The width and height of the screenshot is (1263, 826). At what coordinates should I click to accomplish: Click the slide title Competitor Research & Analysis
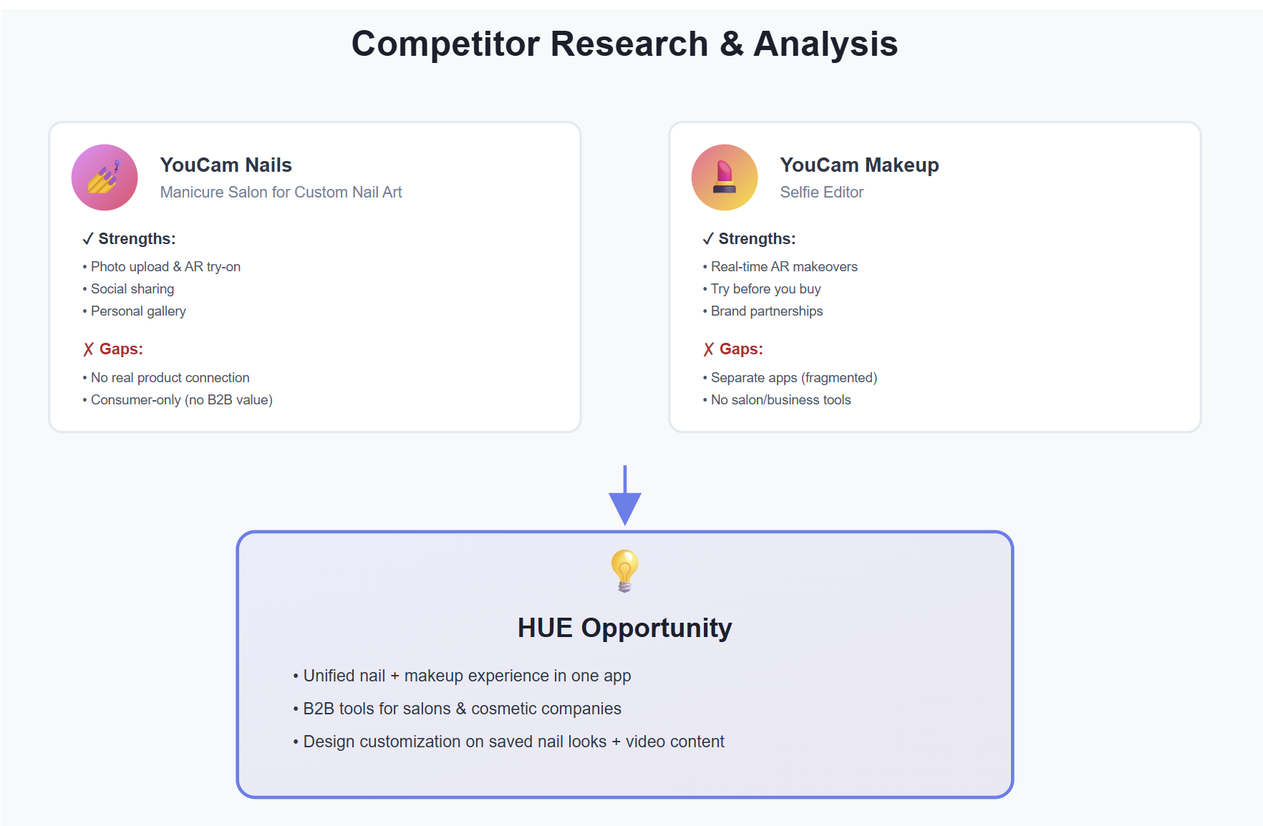coord(624,44)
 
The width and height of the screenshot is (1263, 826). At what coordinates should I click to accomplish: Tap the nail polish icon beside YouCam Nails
coord(105,178)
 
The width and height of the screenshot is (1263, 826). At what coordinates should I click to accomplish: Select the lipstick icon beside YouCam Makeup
coord(725,178)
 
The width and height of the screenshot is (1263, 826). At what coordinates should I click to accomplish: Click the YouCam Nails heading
coord(226,165)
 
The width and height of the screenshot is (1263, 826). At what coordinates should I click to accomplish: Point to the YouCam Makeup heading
coord(859,165)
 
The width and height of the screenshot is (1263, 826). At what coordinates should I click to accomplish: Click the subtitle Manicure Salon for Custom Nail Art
coord(281,192)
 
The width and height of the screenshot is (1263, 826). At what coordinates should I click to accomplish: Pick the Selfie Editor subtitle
coord(822,192)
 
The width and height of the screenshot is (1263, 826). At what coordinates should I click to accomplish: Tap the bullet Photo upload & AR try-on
coord(162,266)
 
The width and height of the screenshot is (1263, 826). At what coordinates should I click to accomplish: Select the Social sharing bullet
coord(129,288)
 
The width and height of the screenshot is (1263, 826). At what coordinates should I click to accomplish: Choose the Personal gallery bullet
coord(135,311)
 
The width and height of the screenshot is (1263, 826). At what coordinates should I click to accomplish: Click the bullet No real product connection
coord(166,377)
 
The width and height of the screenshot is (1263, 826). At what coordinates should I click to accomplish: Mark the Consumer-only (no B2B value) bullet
coord(178,399)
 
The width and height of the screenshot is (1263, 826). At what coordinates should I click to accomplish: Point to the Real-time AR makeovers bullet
coord(780,266)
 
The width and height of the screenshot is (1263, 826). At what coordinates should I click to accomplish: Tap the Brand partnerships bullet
coord(763,311)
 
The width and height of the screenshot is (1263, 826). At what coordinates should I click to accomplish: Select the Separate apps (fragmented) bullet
coord(790,377)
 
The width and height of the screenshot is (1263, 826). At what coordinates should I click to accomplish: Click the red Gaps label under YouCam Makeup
coord(733,349)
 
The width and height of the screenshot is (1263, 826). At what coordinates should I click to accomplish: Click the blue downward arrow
coord(625,495)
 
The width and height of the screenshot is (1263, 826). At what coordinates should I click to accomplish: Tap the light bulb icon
coord(625,570)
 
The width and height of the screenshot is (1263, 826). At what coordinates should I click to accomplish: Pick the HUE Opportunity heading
coord(625,628)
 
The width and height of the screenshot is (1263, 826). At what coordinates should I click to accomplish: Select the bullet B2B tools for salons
coord(457,709)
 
